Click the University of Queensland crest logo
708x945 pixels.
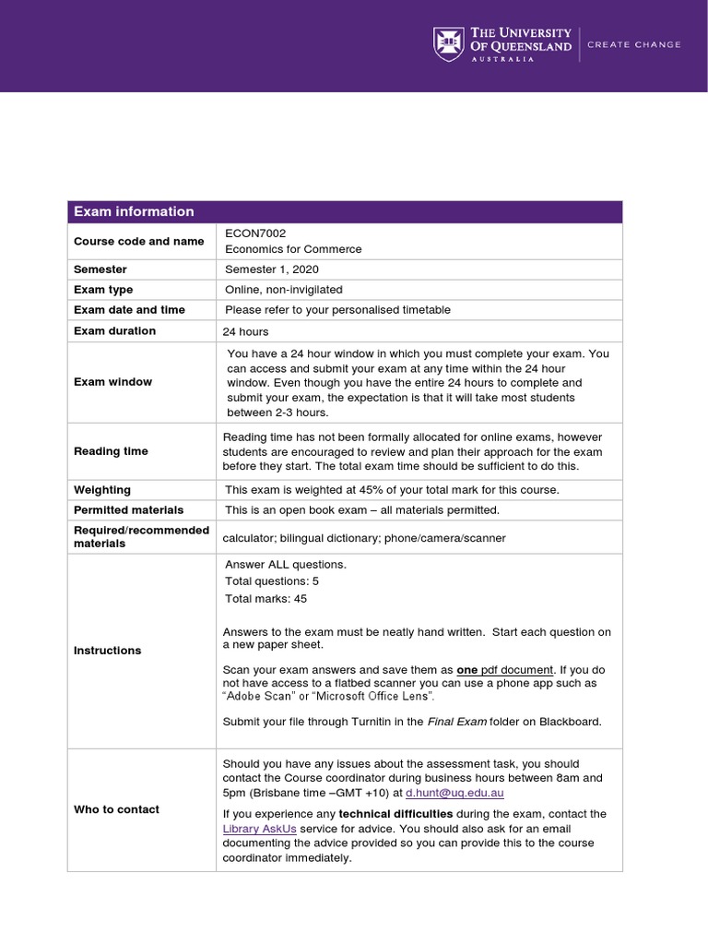coord(448,43)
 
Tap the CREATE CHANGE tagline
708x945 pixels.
coord(634,44)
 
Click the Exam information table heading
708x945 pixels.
coord(134,211)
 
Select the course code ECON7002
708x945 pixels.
coord(249,233)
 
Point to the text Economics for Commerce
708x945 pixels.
coord(293,249)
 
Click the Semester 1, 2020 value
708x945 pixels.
coord(271,269)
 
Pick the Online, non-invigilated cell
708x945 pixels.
coord(284,290)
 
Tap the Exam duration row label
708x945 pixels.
coord(114,330)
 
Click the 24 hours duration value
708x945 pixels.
coord(245,331)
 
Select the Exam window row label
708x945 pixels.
coord(112,382)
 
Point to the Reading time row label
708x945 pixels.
coord(110,451)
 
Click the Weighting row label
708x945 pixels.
coord(101,490)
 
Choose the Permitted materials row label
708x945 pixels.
coord(128,509)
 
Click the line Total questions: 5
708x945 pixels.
coord(272,581)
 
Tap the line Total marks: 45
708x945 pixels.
coord(265,599)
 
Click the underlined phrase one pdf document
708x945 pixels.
coord(505,669)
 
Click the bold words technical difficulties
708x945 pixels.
coord(395,814)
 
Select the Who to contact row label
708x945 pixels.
coord(116,809)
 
